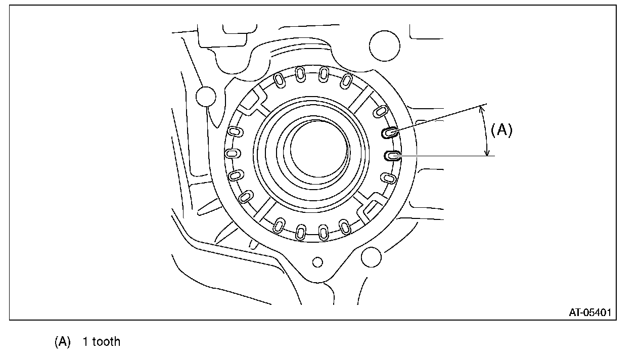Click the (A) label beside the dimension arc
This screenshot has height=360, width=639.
click(501, 130)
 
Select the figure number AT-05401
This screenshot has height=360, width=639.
click(590, 312)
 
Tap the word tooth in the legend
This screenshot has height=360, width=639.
click(106, 341)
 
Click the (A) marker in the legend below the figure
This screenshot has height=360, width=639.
click(63, 341)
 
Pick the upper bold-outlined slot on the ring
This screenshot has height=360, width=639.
click(390, 132)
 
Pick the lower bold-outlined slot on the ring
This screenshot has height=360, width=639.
click(392, 156)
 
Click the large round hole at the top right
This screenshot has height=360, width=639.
click(384, 46)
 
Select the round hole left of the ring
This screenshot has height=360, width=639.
click(206, 97)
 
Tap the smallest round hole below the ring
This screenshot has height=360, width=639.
click(317, 262)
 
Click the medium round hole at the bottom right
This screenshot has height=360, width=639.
click(371, 257)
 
